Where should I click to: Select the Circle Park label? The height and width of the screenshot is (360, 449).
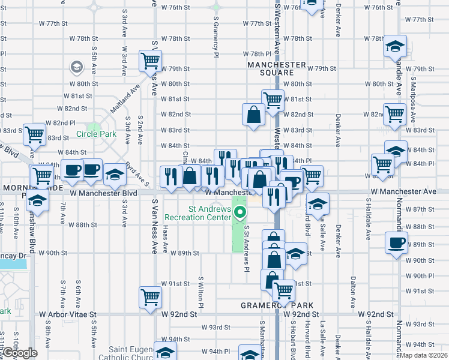point(96,134)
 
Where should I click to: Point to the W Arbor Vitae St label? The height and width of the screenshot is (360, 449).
point(68,314)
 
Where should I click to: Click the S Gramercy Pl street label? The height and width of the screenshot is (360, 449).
point(215,33)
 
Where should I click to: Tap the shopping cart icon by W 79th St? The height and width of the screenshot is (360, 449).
point(150,59)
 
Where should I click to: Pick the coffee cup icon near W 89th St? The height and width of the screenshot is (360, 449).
point(397,243)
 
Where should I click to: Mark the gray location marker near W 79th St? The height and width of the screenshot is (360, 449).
point(77,67)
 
